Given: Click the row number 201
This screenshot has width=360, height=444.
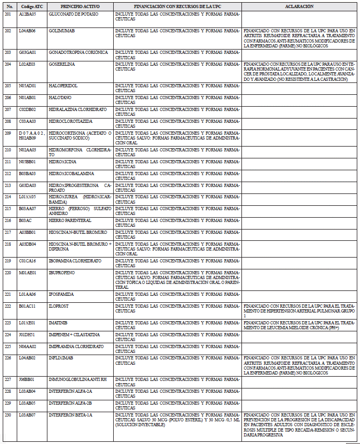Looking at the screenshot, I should pyautogui.click(x=8, y=13).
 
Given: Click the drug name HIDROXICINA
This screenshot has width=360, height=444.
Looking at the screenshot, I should pyautogui.click(x=63, y=161).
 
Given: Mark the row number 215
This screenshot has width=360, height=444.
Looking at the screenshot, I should pyautogui.click(x=8, y=209).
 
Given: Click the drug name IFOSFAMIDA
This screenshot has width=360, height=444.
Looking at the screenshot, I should pyautogui.click(x=61, y=294).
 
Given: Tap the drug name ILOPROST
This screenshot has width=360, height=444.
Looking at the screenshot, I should pyautogui.click(x=59, y=306).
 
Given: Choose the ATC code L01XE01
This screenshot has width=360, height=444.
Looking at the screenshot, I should pyautogui.click(x=27, y=323).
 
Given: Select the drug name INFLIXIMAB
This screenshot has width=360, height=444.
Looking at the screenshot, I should pyautogui.click(x=61, y=357).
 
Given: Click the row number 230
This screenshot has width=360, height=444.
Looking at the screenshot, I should pyautogui.click(x=8, y=415).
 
